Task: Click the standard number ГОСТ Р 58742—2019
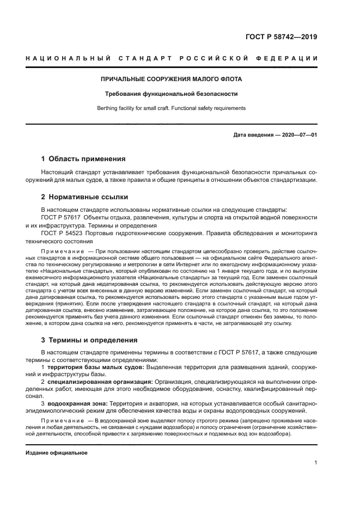(282, 38)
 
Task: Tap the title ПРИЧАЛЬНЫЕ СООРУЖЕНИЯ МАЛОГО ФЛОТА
(172, 79)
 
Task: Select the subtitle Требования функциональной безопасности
(172, 94)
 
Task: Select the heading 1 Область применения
(83, 159)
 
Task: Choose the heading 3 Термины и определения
(89, 340)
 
